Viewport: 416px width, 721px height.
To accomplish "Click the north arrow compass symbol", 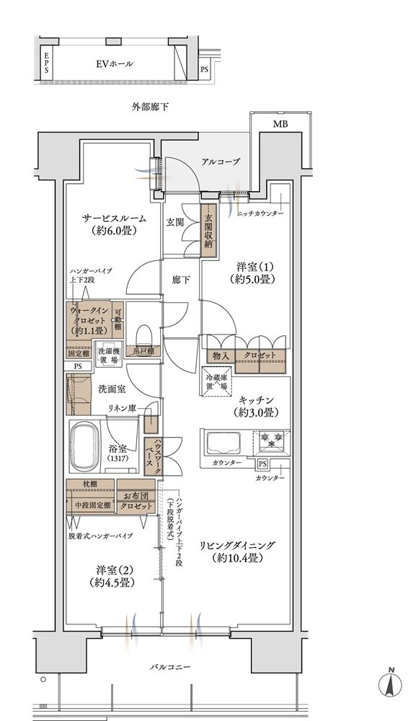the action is point(390,683).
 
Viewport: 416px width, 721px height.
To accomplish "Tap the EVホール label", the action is point(115,63).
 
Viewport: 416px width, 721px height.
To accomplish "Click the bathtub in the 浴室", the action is point(86,446).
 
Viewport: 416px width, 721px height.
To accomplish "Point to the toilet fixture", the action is point(144,335).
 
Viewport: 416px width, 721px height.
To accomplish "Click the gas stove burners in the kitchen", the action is point(271,441).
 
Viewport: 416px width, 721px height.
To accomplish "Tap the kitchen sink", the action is point(225,443).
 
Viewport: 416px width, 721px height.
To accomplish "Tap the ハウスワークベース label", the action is point(150,453).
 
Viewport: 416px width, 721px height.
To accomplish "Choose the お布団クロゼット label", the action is point(136,501).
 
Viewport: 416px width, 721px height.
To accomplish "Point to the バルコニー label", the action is point(169,667).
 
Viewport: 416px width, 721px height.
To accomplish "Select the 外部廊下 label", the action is point(150,107).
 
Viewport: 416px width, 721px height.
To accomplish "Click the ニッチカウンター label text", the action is point(260,214).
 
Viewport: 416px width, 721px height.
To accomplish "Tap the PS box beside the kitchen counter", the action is point(262,464).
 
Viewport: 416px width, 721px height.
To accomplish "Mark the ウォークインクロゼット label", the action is point(88,321).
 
